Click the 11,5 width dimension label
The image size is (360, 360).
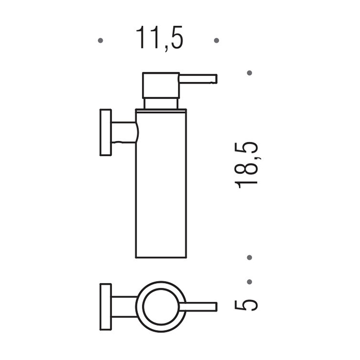coord(159,39)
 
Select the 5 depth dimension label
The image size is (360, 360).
coord(246,305)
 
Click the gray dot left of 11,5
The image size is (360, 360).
coord(100,41)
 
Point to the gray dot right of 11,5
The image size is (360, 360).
coord(217,41)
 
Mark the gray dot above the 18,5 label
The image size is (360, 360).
coord(249,73)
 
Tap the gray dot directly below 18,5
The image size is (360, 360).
coord(249,257)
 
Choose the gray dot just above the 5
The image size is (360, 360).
coord(249,282)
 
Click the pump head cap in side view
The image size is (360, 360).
coord(160,85)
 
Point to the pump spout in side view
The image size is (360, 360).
coord(198,79)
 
